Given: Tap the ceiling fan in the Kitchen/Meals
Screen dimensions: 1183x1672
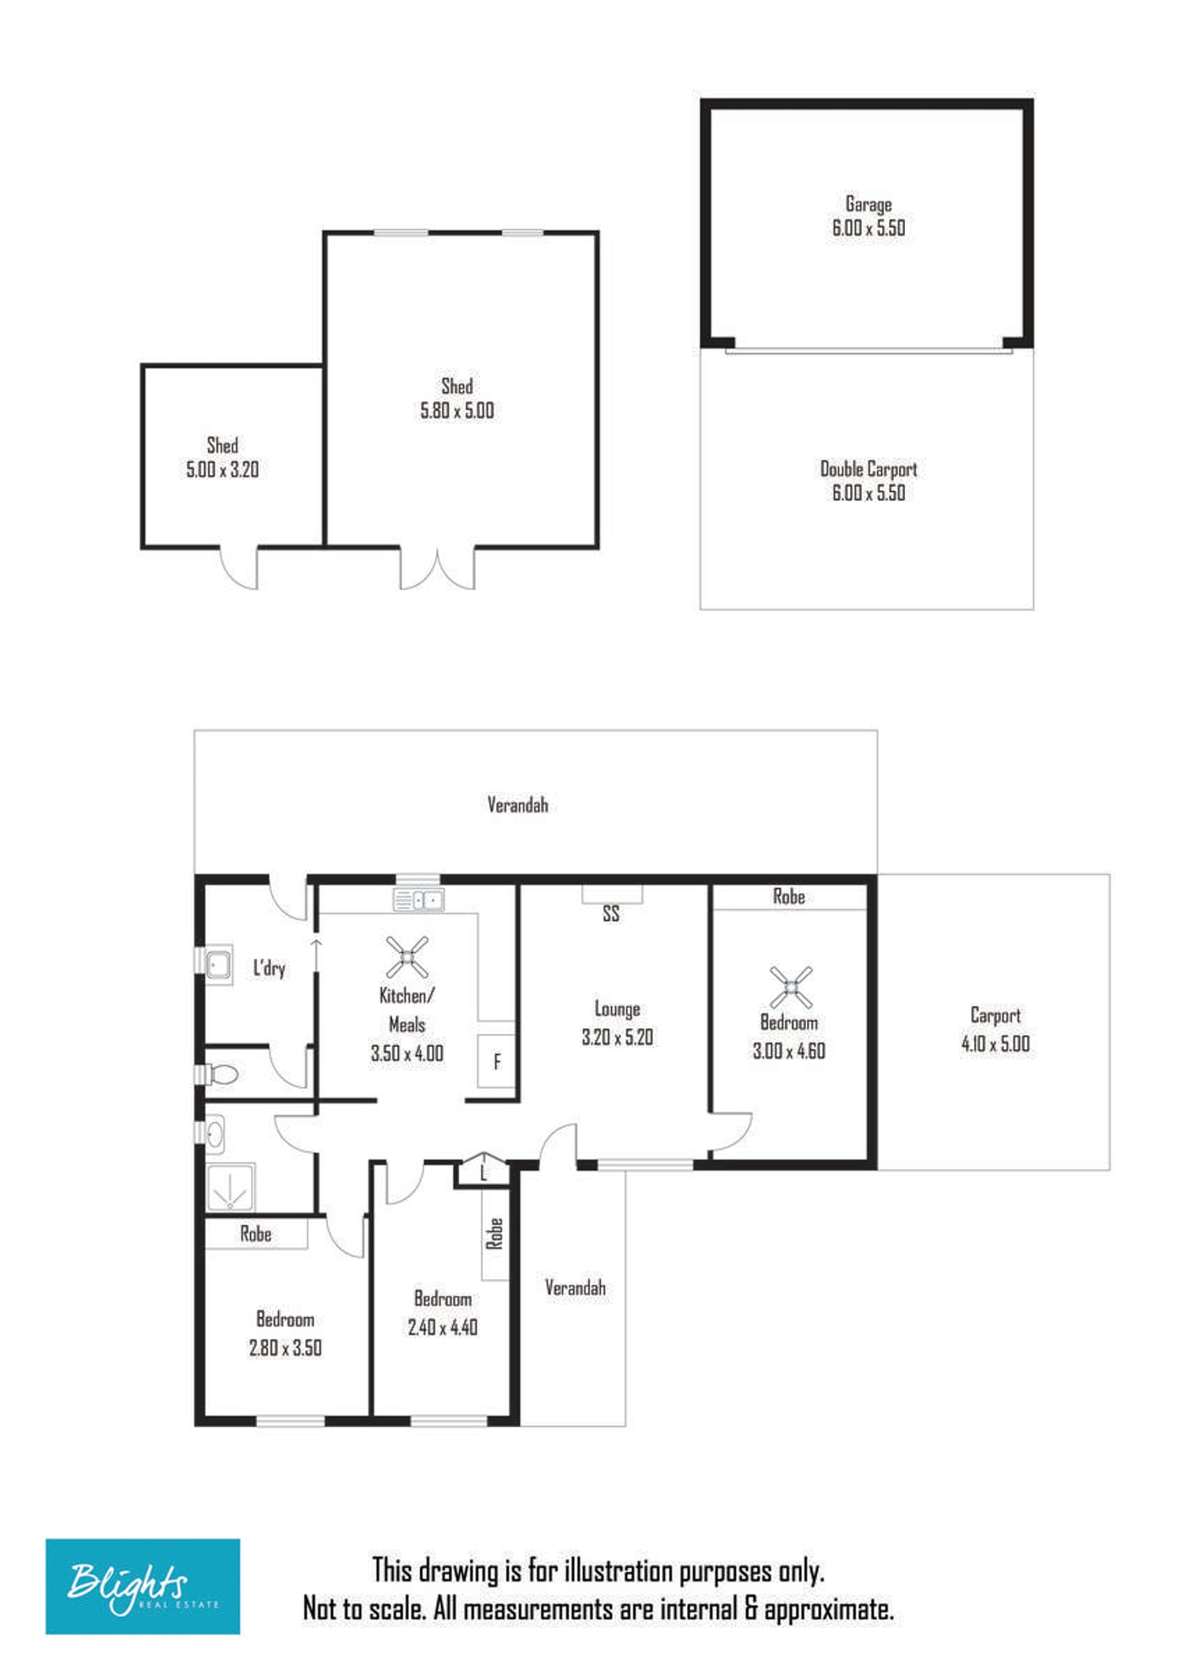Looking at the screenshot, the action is coord(406,957).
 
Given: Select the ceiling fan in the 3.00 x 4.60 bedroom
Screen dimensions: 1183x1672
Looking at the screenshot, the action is coord(791,987).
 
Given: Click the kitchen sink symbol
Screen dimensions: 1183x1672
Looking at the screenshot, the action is coord(418,900).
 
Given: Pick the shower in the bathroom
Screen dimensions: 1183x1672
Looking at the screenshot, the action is coord(230,1189).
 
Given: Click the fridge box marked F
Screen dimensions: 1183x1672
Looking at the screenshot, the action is coord(496,1062).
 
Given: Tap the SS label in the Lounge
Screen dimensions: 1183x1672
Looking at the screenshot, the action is coord(611,913).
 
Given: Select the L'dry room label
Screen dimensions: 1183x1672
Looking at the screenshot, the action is coord(270,968).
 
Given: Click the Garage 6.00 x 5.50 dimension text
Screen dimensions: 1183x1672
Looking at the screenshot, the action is coord(869,228).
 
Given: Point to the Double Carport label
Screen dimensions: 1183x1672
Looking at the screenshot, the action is coord(869,469).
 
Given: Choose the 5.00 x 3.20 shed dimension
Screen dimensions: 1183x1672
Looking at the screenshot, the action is coord(222,470).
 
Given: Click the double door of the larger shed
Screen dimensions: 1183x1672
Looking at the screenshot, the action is coord(437,569).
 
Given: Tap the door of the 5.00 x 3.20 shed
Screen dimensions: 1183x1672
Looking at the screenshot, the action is coord(240,568).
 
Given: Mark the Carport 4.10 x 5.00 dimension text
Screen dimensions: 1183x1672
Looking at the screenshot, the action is coord(995,1044).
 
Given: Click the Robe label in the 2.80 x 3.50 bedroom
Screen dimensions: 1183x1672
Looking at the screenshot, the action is coord(255,1234).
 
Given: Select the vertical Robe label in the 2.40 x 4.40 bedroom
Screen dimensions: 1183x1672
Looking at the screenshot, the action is coord(494,1234).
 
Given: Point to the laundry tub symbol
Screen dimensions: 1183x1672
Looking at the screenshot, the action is coord(219,964).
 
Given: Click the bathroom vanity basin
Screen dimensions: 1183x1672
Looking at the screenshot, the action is coord(215,1134).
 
